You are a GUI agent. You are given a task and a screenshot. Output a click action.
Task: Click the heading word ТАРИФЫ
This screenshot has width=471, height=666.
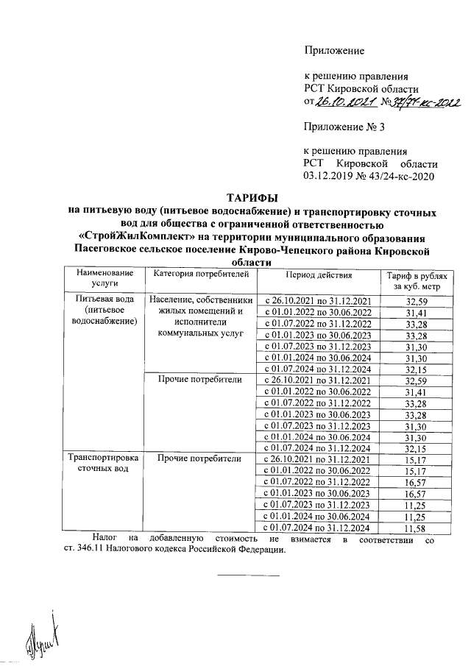pyautogui.click(x=252, y=198)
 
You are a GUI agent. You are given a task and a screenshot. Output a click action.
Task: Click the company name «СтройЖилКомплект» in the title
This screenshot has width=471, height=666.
pyautogui.click(x=138, y=236)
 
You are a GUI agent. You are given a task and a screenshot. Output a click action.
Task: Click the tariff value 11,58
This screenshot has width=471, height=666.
pyautogui.click(x=416, y=529)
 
